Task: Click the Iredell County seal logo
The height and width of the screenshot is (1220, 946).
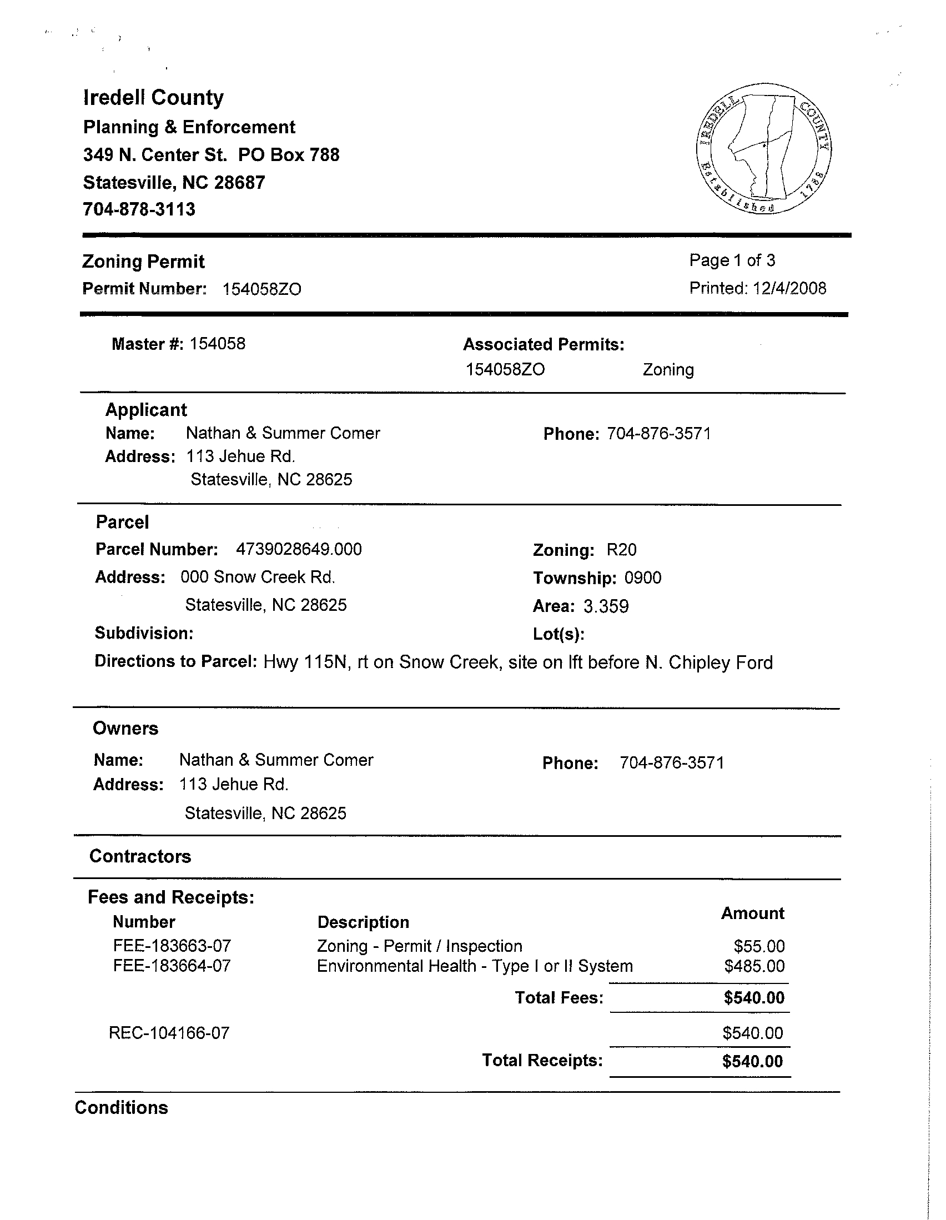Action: [763, 149]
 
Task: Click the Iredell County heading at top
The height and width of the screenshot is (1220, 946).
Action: [154, 98]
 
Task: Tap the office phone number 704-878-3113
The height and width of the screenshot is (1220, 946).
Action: [139, 209]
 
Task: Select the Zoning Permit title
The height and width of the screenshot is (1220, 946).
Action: [144, 262]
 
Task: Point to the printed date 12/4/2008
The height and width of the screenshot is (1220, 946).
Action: [789, 288]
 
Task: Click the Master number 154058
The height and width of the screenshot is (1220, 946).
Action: [217, 344]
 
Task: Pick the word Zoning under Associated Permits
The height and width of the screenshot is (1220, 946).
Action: [668, 370]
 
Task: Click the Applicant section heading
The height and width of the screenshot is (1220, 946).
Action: [147, 409]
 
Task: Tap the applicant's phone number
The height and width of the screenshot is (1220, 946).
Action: [659, 434]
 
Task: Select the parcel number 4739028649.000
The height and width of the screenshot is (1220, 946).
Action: [299, 549]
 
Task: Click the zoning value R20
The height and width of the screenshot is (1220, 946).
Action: [622, 550]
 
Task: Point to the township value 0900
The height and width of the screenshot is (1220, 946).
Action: [643, 578]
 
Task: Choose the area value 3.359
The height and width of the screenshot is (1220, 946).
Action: [606, 606]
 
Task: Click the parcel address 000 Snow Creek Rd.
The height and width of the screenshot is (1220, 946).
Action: [258, 577]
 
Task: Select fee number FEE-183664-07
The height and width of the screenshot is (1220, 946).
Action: [172, 966]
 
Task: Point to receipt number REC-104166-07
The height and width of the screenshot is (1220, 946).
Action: [169, 1033]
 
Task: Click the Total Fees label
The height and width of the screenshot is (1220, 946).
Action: [559, 998]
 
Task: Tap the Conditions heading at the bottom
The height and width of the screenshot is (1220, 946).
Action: [121, 1108]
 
